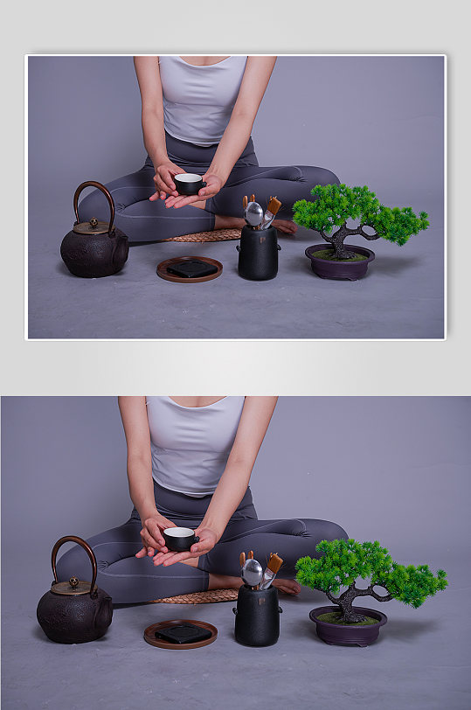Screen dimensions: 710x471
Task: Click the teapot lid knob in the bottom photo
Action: click(74, 581)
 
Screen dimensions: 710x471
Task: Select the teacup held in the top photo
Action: click(188, 184)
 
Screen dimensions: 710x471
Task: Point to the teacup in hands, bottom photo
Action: click(180, 538)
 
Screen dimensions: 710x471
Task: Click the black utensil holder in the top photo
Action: click(258, 254)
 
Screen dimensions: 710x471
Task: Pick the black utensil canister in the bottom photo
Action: click(256, 616)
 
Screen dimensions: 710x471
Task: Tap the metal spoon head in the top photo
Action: click(253, 212)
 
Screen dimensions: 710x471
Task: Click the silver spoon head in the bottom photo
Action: click(252, 572)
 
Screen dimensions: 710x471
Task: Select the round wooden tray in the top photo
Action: click(190, 270)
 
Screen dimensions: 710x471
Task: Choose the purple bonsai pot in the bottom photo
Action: click(348, 628)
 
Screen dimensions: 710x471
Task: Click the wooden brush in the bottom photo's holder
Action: click(274, 564)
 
